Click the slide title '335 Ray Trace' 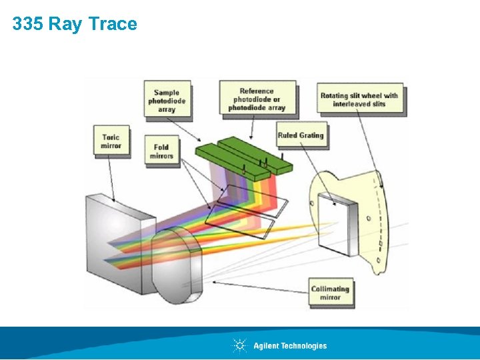pyautogui.click(x=75, y=24)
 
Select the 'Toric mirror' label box pyautogui.click(x=111, y=141)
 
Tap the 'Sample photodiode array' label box pyautogui.click(x=167, y=101)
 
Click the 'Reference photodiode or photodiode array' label pyautogui.click(x=257, y=99)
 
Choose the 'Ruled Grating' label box pyautogui.click(x=301, y=135)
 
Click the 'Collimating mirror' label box pyautogui.click(x=330, y=293)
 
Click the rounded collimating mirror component pyautogui.click(x=177, y=263)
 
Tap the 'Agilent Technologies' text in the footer pyautogui.click(x=290, y=345)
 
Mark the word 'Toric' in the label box pyautogui.click(x=111, y=137)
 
